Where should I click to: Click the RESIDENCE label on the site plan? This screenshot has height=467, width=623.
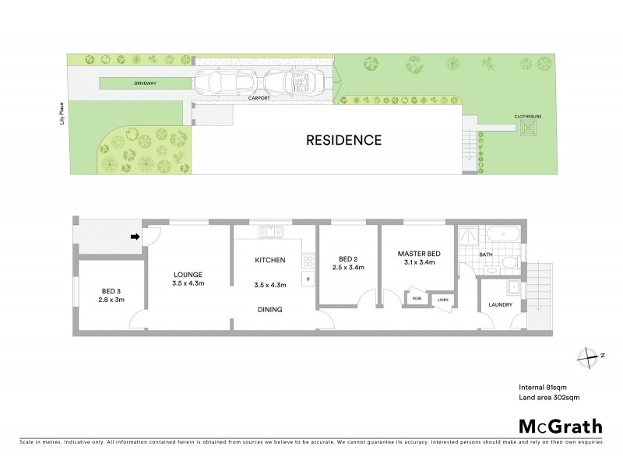tap(343, 141)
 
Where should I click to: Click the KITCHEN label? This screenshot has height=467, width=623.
tap(270, 259)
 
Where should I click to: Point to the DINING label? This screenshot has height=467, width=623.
tap(270, 309)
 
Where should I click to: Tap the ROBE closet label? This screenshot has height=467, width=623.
tap(417, 298)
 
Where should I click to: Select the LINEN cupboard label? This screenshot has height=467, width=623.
tap(442, 300)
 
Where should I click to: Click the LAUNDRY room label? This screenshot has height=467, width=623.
tap(501, 304)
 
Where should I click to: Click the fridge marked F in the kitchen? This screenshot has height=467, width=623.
tap(308, 279)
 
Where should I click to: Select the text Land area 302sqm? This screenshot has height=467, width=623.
tap(549, 398)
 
